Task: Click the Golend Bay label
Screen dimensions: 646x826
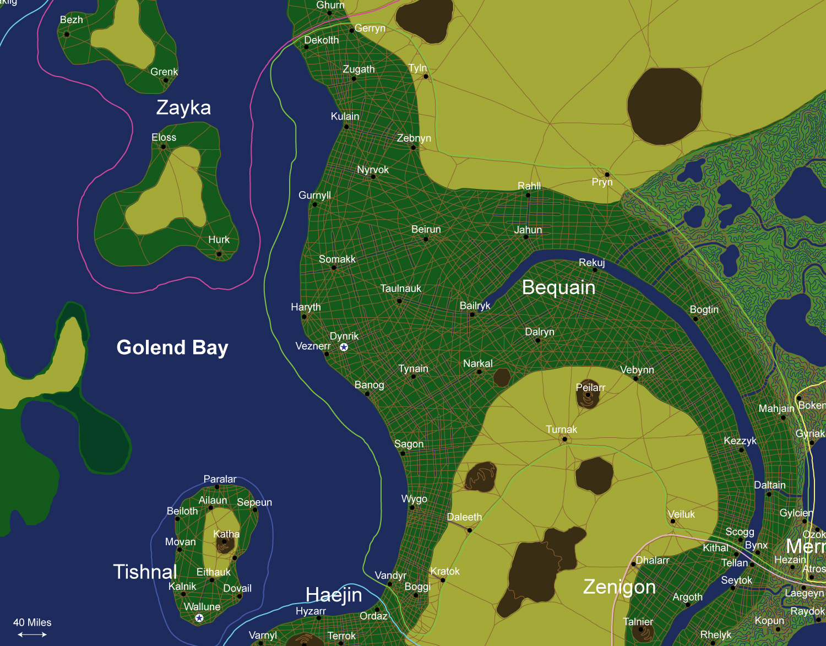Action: point(172,348)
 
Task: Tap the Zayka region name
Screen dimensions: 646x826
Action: point(183,107)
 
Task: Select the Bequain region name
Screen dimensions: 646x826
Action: point(558,287)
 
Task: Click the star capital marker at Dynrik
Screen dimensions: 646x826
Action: point(344,347)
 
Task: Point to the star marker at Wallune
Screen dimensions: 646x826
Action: point(199,618)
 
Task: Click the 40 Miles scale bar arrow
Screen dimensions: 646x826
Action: point(32,634)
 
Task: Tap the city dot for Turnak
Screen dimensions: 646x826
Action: point(564,439)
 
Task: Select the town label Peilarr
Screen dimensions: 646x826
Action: point(590,387)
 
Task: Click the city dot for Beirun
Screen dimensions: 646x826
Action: point(426,239)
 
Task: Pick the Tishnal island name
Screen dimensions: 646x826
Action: point(145,572)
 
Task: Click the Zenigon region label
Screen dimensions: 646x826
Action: point(619,587)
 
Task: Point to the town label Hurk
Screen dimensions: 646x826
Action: point(219,240)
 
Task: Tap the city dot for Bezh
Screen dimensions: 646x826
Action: point(67,34)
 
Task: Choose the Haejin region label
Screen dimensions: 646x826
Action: point(334,595)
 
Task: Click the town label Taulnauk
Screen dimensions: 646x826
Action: point(400,288)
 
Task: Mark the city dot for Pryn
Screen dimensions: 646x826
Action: point(607,175)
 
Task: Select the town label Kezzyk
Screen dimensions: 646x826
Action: point(740,441)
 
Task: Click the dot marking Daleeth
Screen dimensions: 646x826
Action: point(469,530)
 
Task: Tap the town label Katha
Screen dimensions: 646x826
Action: point(226,534)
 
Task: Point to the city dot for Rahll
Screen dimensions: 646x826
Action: point(528,195)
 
